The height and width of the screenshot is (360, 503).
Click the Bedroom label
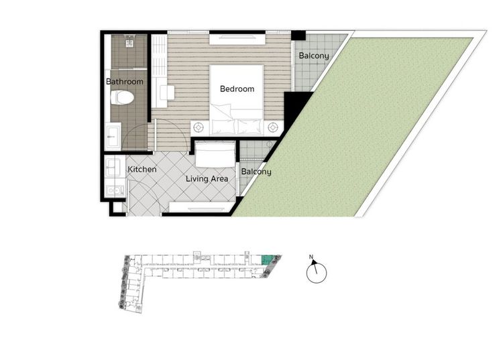(x=237, y=88)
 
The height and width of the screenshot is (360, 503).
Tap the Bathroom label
(x=125, y=81)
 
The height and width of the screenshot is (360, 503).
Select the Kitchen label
(x=142, y=169)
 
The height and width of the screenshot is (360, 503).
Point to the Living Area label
(x=207, y=178)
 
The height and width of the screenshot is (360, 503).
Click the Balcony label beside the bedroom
(x=314, y=56)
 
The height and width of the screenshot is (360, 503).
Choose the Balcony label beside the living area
(x=256, y=172)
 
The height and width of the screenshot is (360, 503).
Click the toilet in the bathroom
(x=122, y=97)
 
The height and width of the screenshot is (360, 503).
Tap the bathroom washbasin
(x=113, y=136)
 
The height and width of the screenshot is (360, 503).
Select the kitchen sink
(x=113, y=167)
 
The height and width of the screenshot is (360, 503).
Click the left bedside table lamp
(x=199, y=127)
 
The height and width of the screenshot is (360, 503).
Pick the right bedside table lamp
(x=273, y=127)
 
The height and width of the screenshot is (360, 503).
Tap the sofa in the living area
(x=215, y=155)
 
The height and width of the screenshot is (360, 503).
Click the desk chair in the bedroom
(x=167, y=93)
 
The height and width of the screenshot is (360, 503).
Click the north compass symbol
(x=317, y=272)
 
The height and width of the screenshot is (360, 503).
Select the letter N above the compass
(x=311, y=257)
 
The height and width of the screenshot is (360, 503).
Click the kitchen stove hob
(x=115, y=191)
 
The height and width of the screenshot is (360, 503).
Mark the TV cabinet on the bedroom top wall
(x=237, y=39)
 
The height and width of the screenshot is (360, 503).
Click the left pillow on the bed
(x=223, y=127)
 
